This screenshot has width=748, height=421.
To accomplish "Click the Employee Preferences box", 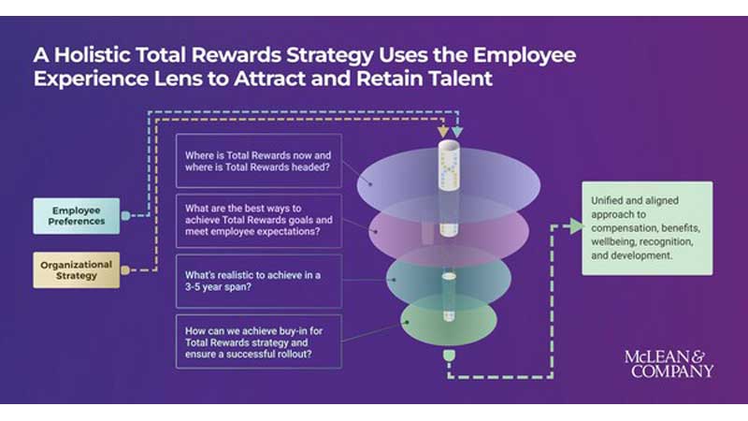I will click(x=79, y=215).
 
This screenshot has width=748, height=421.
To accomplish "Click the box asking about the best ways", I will click(x=257, y=221).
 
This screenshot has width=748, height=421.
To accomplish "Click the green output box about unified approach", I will click(x=647, y=228).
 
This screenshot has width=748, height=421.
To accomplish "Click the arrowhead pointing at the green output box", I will click(x=571, y=226).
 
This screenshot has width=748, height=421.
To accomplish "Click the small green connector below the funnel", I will click(x=448, y=356).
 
